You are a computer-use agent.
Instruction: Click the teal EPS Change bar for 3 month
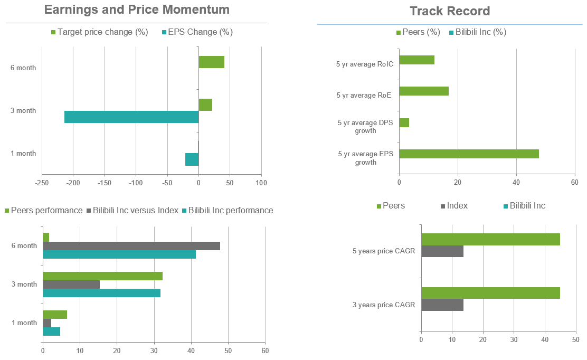tap(131, 117)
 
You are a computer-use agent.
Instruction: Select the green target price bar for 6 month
tap(211, 62)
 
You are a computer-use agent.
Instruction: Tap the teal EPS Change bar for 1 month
tap(192, 159)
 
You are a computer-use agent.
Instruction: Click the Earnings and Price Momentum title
tap(137, 10)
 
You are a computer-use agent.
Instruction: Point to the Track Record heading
tap(450, 11)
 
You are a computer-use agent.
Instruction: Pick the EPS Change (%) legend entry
tap(197, 32)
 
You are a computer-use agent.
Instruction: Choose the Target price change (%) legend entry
tap(99, 32)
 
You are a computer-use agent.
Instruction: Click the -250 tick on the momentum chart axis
tap(42, 183)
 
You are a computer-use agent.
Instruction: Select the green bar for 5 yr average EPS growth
tap(469, 154)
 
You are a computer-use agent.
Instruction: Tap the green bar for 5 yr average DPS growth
tap(404, 122)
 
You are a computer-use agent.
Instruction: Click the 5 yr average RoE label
tap(365, 96)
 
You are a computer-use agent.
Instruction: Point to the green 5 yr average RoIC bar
tap(416, 60)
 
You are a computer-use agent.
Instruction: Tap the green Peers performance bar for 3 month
tap(102, 276)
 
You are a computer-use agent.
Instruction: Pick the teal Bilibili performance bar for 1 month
tap(51, 331)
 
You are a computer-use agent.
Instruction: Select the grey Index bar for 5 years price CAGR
tap(442, 252)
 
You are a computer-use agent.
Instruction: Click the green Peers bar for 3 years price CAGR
tap(490, 293)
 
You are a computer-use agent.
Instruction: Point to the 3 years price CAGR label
tap(384, 305)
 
